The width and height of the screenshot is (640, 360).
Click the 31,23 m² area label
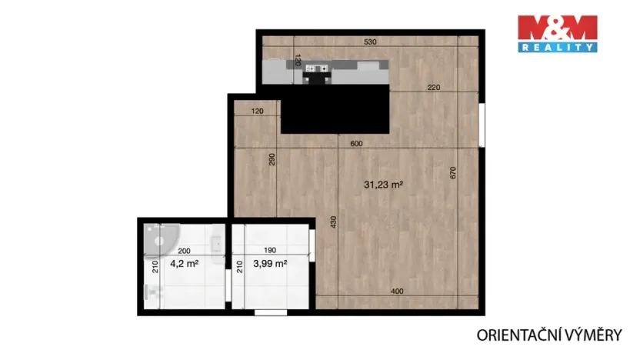384,185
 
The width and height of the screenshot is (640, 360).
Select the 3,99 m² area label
269,263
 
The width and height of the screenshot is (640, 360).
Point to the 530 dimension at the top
370,43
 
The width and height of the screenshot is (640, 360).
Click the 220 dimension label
433,88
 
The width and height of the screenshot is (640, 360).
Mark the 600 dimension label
355,143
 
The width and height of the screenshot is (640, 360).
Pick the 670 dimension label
453,174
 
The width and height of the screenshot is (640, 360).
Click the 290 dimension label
272,160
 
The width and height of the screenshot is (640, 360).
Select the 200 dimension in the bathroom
184,251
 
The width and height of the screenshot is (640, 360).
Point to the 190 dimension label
268,251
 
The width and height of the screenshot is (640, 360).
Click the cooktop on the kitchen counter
318,69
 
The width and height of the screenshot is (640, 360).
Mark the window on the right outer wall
481,125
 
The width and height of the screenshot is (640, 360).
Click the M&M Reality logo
556,34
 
